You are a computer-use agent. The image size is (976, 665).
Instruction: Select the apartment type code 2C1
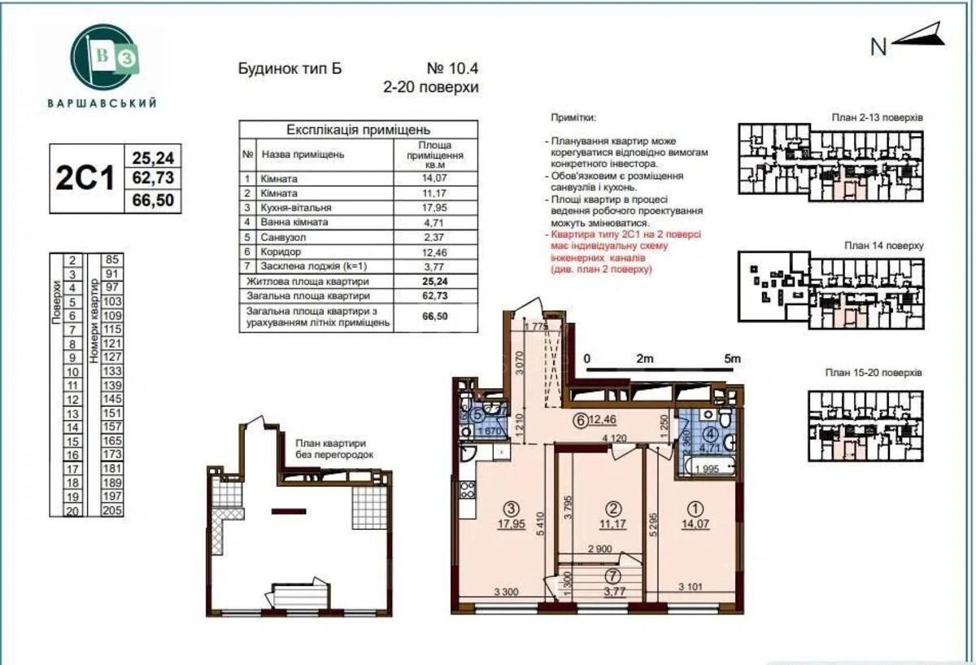(x=85, y=178)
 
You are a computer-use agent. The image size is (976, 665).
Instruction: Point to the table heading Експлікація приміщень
(x=358, y=129)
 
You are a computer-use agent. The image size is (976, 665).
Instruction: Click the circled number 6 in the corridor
(x=579, y=421)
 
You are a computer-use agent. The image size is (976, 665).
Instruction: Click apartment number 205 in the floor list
(x=111, y=510)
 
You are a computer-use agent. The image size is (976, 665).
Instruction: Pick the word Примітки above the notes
(x=573, y=117)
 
